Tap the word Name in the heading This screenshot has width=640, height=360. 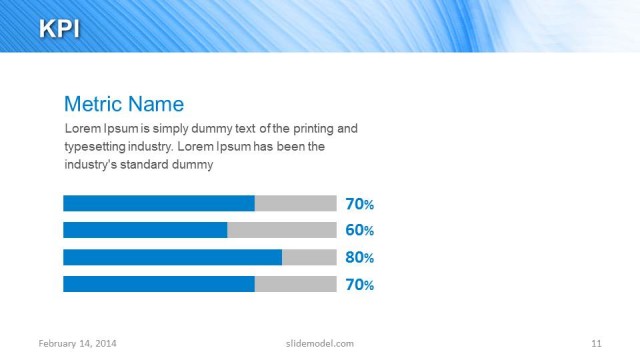click(157, 104)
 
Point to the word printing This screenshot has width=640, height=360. click(308, 129)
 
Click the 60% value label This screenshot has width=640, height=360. click(359, 230)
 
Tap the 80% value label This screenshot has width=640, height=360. click(359, 257)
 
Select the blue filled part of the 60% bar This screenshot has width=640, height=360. click(145, 230)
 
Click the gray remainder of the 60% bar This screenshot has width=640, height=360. click(281, 230)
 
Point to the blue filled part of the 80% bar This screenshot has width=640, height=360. click(172, 257)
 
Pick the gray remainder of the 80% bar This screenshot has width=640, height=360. click(309, 257)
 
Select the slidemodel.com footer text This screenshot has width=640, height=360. click(313, 343)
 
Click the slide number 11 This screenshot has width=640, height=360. click(596, 343)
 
